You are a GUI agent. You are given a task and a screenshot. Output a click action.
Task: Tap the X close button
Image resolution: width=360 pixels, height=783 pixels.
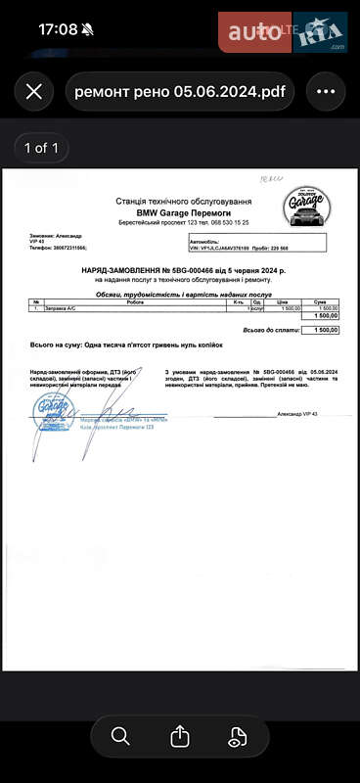pos(34,92)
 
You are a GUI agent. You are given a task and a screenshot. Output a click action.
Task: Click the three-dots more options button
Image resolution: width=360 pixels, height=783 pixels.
pos(326,92)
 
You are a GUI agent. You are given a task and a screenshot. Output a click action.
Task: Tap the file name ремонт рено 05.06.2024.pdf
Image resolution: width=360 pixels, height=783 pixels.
pos(180,92)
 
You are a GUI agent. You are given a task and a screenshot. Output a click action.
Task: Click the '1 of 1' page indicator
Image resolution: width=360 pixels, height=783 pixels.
pos(42,149)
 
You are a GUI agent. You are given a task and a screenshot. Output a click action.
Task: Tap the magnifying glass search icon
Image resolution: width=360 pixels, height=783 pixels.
pos(121,736)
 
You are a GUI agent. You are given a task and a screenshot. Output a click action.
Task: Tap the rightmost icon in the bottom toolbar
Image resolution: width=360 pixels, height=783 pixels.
pos(238,736)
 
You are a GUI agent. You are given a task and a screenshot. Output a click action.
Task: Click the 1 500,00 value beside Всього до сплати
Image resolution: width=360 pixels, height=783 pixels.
pos(321,330)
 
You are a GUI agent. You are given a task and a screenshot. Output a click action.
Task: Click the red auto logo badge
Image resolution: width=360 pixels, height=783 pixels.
pos(255,32)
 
